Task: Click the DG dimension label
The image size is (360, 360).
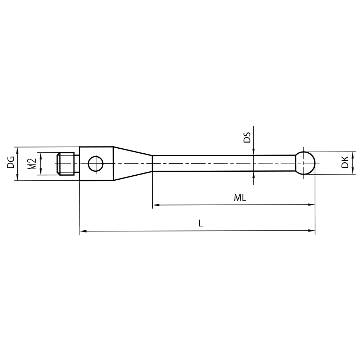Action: coord(11,162)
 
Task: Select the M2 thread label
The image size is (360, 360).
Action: coord(32,164)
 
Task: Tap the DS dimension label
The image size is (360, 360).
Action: coord(247,137)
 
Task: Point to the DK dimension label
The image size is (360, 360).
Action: coord(345,162)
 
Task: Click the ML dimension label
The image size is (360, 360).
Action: coord(240,198)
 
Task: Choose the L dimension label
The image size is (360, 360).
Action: coord(201,223)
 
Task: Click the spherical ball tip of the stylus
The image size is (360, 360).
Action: coord(305,163)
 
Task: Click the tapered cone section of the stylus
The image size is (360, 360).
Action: coord(132,163)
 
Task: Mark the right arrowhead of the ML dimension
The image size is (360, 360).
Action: coord(312,205)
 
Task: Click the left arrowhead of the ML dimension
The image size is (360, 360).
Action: coord(156,205)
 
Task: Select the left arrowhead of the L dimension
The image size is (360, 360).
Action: coord(83,231)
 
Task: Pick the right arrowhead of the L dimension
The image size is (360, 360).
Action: coord(312,230)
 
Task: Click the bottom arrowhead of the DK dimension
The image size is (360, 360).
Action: coord(353,171)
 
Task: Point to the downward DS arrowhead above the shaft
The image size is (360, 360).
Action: coord(254,152)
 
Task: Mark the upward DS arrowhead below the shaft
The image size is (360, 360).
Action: coord(254,174)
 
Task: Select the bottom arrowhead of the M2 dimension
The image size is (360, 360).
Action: coord(41,172)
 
